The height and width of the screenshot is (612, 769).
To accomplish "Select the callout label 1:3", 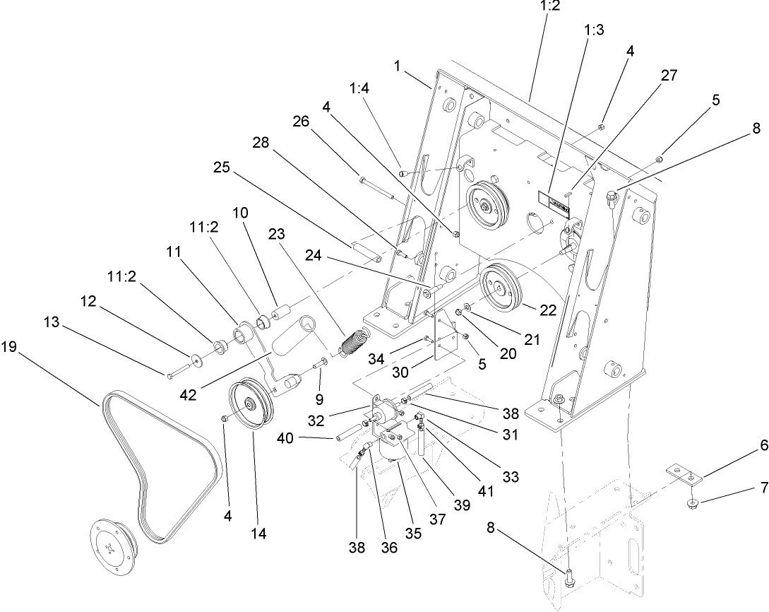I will pyautogui.click(x=593, y=32).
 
